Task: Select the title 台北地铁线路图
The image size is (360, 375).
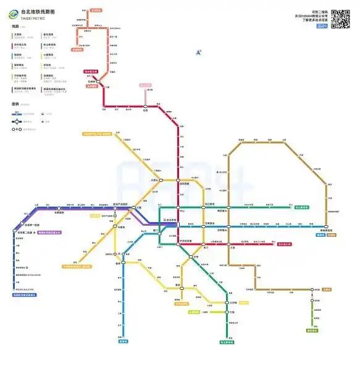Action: (x=37, y=12)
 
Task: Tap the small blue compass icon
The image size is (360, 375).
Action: (x=199, y=53)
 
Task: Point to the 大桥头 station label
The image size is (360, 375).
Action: (x=154, y=180)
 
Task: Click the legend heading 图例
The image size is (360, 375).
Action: (x=15, y=104)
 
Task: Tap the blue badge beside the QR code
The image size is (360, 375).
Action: (x=321, y=26)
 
